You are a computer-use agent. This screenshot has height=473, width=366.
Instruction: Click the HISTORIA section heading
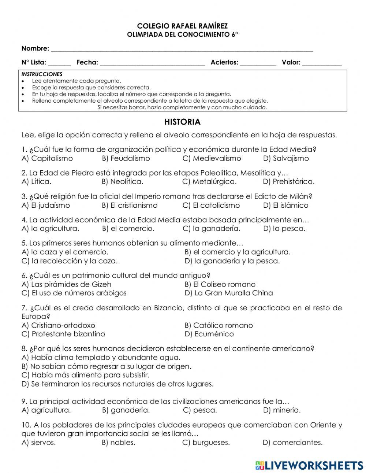point(182,122)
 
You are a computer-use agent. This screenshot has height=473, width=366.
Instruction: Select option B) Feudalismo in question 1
point(126,159)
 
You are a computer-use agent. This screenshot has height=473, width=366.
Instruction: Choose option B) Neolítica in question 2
point(122,182)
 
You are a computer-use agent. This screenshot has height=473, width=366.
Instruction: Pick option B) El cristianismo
point(130,206)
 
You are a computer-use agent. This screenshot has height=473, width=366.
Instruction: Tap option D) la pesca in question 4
point(284,229)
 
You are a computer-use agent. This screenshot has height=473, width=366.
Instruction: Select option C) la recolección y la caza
point(70,261)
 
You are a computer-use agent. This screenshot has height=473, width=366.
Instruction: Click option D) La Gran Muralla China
point(229,293)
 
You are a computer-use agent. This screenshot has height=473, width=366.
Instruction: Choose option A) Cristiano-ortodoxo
point(58,325)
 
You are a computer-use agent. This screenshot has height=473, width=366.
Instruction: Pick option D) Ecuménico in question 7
point(209,334)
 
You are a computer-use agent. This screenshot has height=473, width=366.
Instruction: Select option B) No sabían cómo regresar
point(107,366)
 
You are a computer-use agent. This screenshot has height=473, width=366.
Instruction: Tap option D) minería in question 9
point(281,410)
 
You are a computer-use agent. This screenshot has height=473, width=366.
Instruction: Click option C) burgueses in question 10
point(206,443)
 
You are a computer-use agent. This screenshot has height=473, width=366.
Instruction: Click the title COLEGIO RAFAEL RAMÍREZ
point(182,26)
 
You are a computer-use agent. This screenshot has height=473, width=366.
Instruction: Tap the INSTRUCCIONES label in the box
point(42,74)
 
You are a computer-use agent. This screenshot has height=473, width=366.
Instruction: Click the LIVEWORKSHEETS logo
point(309,465)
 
